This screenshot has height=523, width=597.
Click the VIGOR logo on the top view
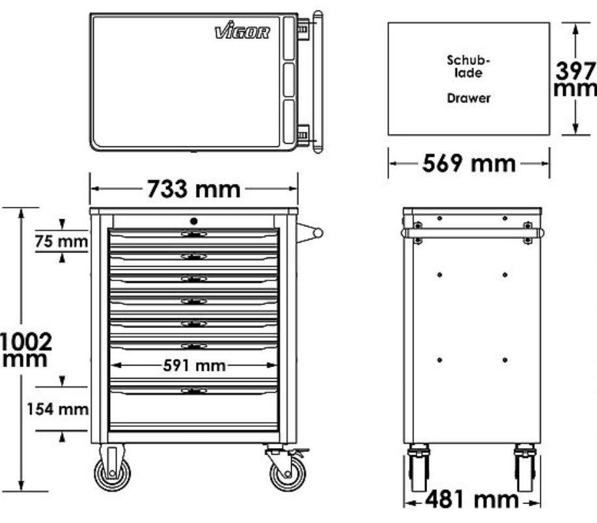click(x=242, y=31)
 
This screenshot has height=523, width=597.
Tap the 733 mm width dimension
click(x=194, y=189)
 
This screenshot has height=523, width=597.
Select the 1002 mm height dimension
click(x=26, y=350)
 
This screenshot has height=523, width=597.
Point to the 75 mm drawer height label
click(x=61, y=241)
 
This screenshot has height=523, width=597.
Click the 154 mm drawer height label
click(x=57, y=409)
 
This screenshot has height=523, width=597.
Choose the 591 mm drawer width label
click(x=194, y=366)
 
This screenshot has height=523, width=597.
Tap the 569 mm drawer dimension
click(x=469, y=163)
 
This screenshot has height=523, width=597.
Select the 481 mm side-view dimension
click(x=472, y=499)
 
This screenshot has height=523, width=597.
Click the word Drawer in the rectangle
click(x=469, y=98)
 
